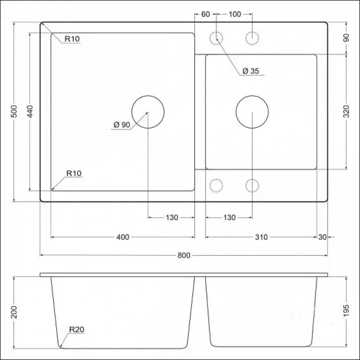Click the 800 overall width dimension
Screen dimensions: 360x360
pos(184,255)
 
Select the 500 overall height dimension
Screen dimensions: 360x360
pos(14,111)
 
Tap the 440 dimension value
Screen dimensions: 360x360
pos(30,111)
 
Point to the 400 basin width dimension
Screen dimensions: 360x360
pos(123,237)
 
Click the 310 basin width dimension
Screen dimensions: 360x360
pos(261,237)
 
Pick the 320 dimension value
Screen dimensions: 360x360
pos(346,111)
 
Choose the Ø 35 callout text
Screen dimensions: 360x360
pos(250,71)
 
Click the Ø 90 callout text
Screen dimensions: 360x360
pos(122,124)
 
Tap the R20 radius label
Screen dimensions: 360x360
pos(76,329)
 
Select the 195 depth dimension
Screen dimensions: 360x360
pos(346,311)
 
